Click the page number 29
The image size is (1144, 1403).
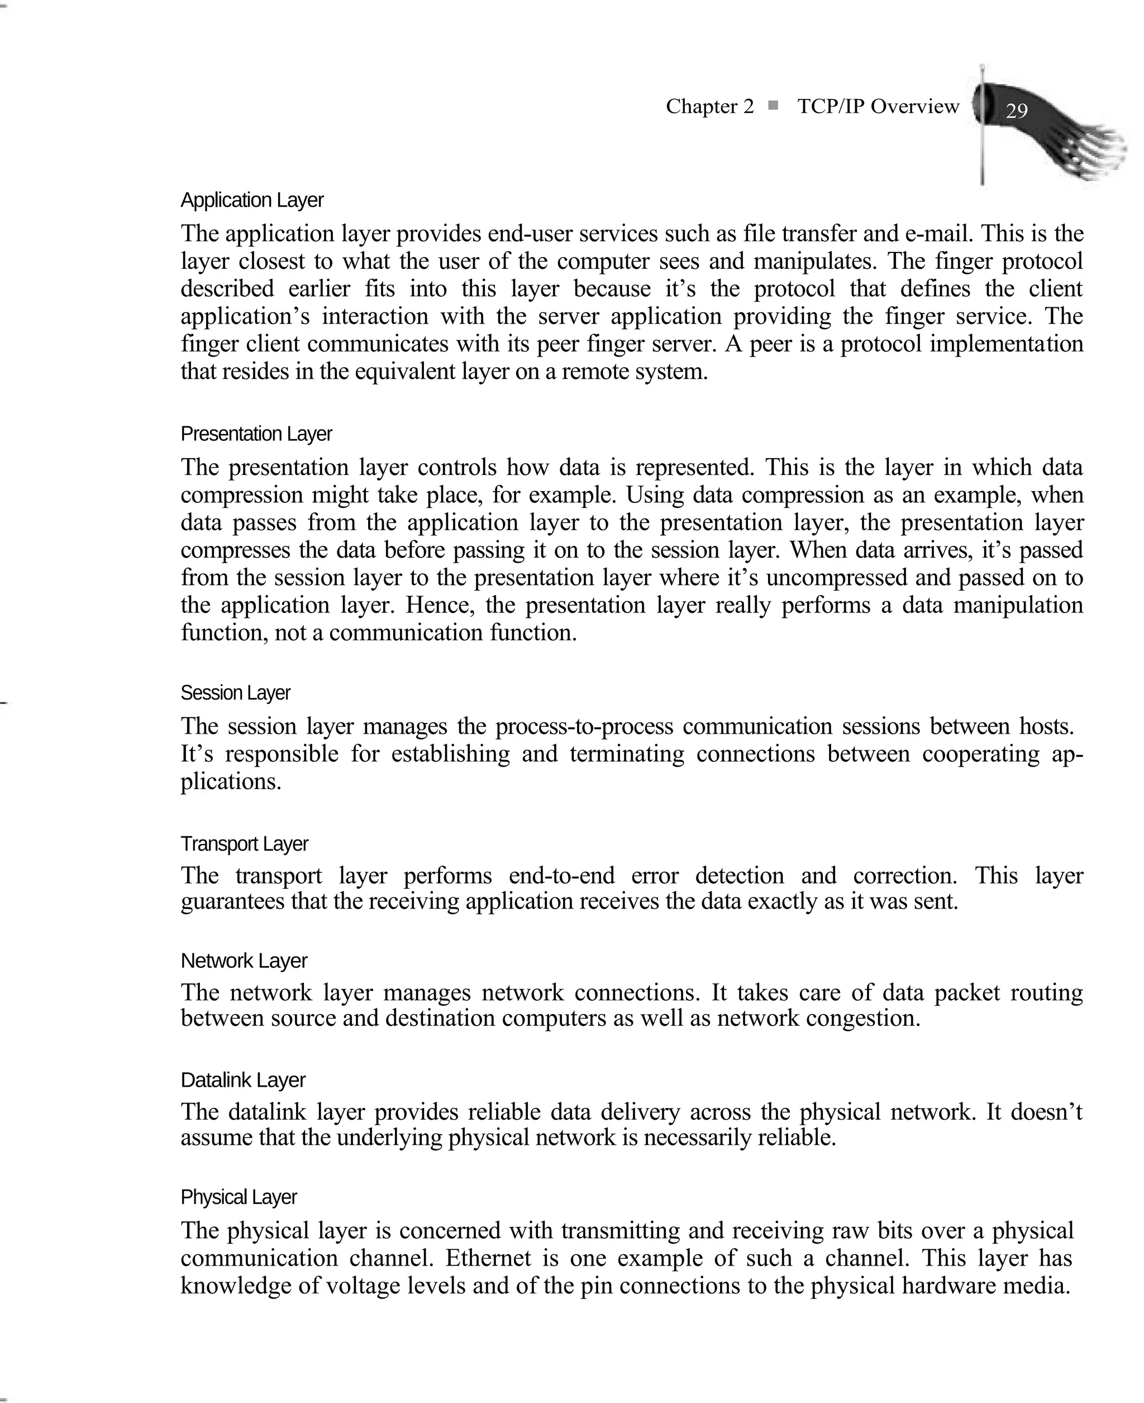pyautogui.click(x=1016, y=110)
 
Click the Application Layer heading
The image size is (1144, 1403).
pyautogui.click(x=252, y=201)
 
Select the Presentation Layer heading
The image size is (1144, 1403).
pyautogui.click(x=256, y=434)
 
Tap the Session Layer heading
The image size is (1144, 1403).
pyautogui.click(x=235, y=693)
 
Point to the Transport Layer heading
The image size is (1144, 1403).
pyautogui.click(x=244, y=844)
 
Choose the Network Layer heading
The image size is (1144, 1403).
pyautogui.click(x=244, y=961)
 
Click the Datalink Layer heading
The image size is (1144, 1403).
pyautogui.click(x=242, y=1080)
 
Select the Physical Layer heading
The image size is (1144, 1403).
pyautogui.click(x=239, y=1197)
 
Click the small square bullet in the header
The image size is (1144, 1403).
pyautogui.click(x=774, y=106)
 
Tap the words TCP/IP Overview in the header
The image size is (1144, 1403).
pyautogui.click(x=878, y=106)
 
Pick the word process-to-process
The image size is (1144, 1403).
pyautogui.click(x=584, y=726)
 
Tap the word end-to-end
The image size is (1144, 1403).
pyautogui.click(x=561, y=876)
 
